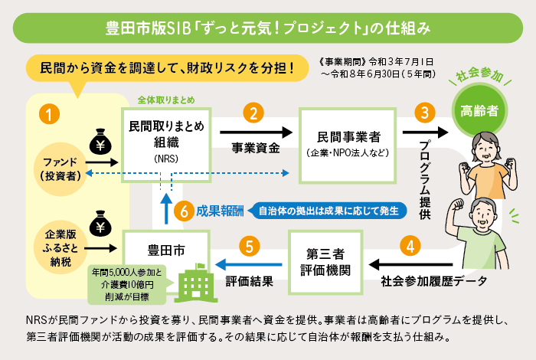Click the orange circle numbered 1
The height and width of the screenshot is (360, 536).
(50, 116)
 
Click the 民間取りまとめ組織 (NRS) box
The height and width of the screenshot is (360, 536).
(166, 141)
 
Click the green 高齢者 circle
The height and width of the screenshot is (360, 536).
(479, 110)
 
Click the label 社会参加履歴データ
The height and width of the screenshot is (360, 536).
(433, 281)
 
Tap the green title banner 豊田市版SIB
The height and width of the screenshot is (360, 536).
(268, 28)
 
